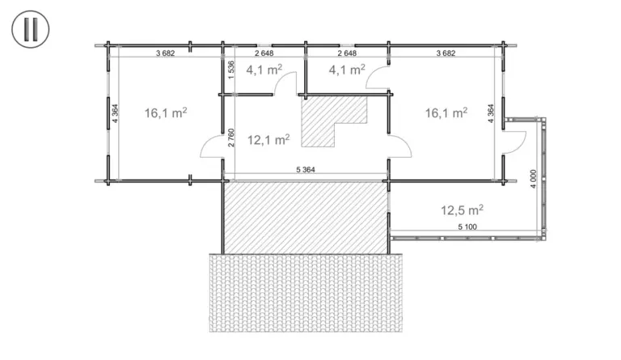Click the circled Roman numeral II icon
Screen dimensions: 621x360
click(31, 29)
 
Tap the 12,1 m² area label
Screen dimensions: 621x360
click(268, 139)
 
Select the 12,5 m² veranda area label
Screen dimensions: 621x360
click(463, 210)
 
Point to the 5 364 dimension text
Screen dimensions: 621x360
click(306, 170)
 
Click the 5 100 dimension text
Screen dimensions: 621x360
click(467, 227)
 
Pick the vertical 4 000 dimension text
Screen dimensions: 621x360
click(533, 179)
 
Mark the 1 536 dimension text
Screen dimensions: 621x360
click(231, 70)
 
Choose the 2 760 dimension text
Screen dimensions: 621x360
click(231, 138)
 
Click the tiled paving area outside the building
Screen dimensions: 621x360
click(306, 293)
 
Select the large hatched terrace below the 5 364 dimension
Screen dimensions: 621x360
click(306, 218)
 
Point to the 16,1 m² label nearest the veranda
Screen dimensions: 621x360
click(446, 113)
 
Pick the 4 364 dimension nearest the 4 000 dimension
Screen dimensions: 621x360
click(491, 113)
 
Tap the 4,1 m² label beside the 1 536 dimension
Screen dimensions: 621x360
click(264, 70)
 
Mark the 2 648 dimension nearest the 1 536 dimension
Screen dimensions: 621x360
click(264, 53)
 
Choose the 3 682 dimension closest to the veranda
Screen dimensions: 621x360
click(446, 53)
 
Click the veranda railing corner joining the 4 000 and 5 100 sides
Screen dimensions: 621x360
click(543, 237)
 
